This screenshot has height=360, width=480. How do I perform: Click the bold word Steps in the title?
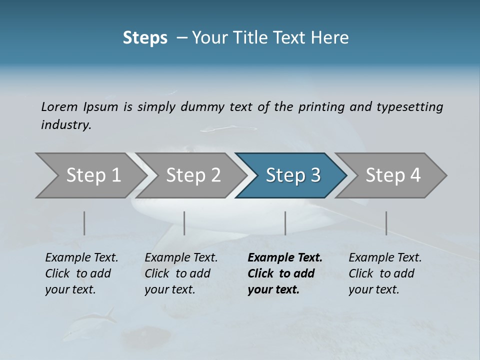(145, 38)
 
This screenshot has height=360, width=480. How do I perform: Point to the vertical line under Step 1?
(84, 223)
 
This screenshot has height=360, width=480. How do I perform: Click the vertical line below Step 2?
(184, 223)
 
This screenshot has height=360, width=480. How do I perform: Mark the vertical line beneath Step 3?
(285, 223)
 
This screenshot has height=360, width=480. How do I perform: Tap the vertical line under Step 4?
(386, 223)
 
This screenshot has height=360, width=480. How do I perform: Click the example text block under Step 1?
(81, 273)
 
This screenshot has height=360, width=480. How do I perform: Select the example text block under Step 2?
(181, 273)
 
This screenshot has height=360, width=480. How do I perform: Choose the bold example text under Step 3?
(285, 273)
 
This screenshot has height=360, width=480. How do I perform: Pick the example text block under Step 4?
(385, 273)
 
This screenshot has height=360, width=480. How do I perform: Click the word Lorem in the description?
(59, 106)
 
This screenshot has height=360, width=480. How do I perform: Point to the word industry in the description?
(66, 125)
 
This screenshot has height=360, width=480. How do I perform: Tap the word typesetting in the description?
(409, 106)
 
